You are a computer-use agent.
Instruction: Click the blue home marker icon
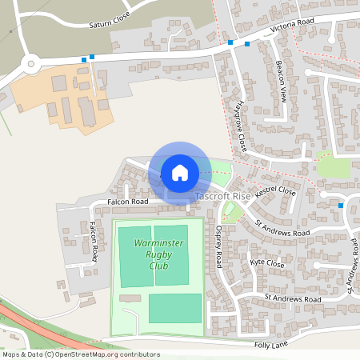click(180, 172)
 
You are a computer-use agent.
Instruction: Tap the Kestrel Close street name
click(276, 193)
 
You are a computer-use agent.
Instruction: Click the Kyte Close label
click(266, 263)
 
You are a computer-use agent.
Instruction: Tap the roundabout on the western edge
click(31, 63)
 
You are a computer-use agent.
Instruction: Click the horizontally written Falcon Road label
click(129, 202)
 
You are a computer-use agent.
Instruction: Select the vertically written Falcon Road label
click(94, 242)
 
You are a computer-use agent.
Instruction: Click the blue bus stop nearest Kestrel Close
click(342, 206)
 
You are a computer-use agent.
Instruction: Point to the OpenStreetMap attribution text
click(80, 354)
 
